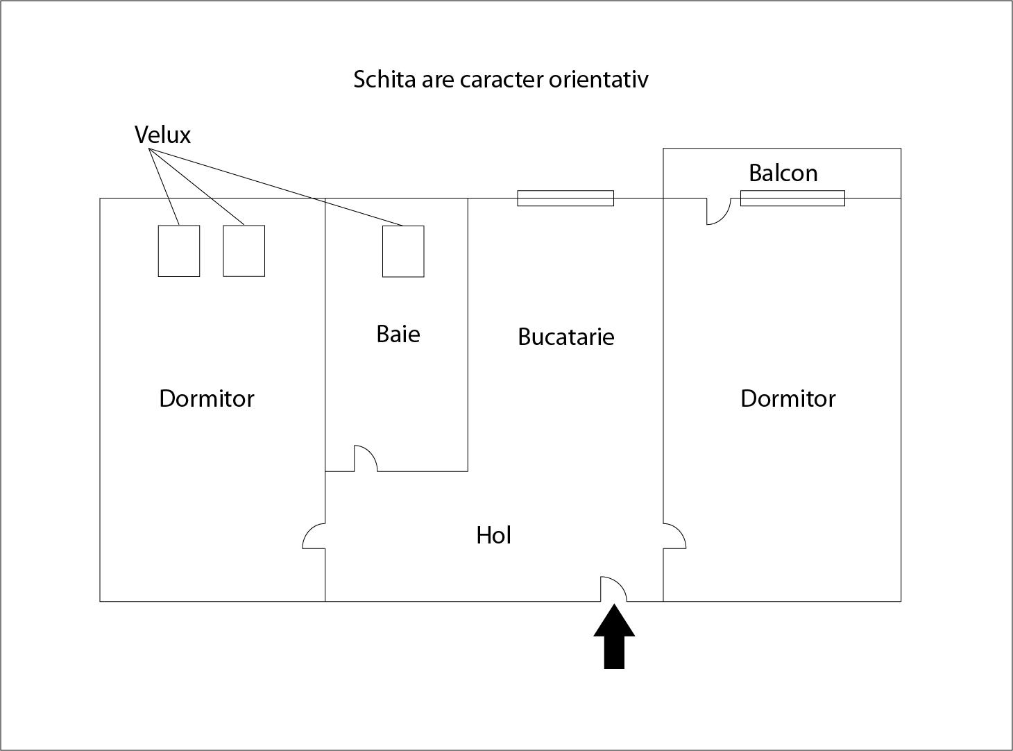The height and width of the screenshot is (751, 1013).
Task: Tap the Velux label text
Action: (162, 135)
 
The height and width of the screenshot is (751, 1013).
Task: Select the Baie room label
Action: (398, 334)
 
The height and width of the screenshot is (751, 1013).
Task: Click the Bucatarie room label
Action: (566, 337)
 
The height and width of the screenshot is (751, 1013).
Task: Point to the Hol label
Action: (494, 535)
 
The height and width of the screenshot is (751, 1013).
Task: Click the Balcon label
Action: (783, 173)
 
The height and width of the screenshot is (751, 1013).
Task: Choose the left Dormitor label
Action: (207, 398)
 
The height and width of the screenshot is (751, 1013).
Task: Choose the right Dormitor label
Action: (788, 398)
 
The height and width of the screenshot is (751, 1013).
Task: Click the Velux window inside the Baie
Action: (403, 251)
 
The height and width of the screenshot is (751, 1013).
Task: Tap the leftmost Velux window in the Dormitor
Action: (179, 251)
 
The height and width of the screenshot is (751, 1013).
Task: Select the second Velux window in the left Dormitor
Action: (244, 251)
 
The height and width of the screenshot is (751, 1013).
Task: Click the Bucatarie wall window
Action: (565, 199)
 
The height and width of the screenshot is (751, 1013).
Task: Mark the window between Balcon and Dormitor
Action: (792, 199)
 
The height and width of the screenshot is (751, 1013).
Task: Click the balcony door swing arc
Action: (719, 212)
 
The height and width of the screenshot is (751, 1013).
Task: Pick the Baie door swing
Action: (366, 458)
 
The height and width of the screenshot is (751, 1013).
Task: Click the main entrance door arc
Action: (613, 589)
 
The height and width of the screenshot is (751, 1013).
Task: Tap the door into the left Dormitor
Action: (314, 535)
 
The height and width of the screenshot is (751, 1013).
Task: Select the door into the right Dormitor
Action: (674, 535)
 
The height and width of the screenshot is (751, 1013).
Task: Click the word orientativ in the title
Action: (598, 79)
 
